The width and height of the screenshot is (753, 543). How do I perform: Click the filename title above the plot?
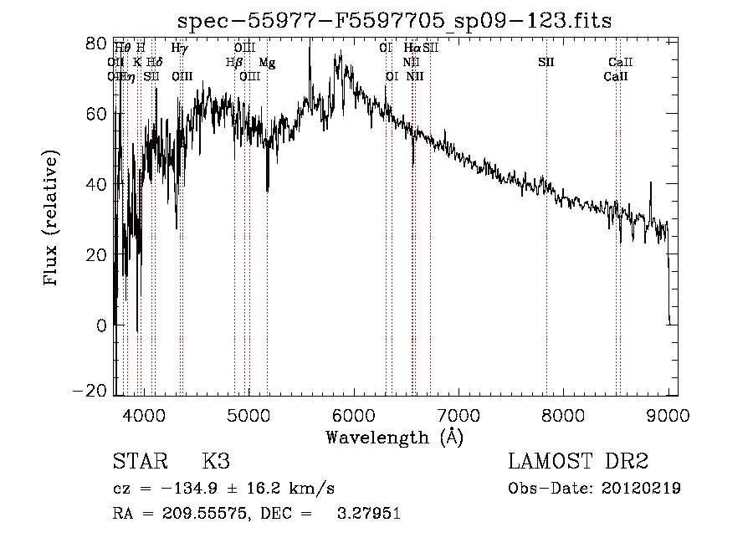pos(396,22)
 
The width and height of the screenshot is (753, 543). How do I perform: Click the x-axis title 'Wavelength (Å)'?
pos(394,437)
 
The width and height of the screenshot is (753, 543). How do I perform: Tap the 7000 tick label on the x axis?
pos(458,414)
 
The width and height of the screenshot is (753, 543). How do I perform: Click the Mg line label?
pos(267,63)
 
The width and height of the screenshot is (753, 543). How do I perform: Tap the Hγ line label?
pos(179,49)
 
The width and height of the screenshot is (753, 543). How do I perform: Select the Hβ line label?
pos(234,63)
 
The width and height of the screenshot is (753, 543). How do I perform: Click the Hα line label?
pos(412,49)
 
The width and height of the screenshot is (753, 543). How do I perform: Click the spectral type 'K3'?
pos(216,462)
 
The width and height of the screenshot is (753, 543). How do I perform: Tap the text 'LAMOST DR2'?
pos(578,462)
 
